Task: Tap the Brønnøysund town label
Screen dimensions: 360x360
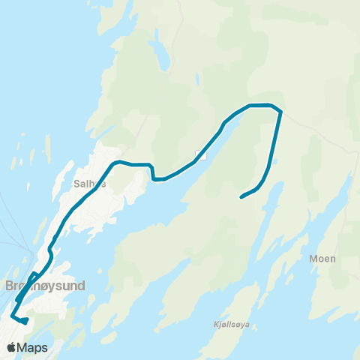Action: pyautogui.click(x=45, y=286)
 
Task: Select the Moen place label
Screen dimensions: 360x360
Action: pyautogui.click(x=322, y=258)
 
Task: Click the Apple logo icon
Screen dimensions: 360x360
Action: pyautogui.click(x=12, y=347)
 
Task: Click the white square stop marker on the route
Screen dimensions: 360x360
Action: pyautogui.click(x=200, y=155)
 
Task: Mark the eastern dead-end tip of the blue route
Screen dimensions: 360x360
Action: pyautogui.click(x=241, y=198)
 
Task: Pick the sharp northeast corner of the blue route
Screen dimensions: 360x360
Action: pyautogui.click(x=280, y=112)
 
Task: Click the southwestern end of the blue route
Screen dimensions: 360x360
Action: pyautogui.click(x=25, y=322)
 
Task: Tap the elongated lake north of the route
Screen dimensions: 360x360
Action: pyautogui.click(x=160, y=55)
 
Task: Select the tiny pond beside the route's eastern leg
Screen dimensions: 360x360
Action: pyautogui.click(x=275, y=160)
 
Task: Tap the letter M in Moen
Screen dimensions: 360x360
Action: pyautogui.click(x=313, y=258)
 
